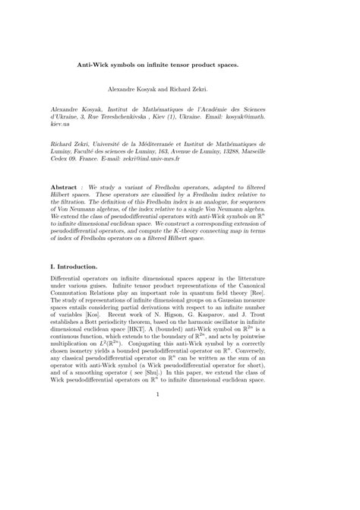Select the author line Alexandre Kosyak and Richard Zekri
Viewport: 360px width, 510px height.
(x=178, y=88)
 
